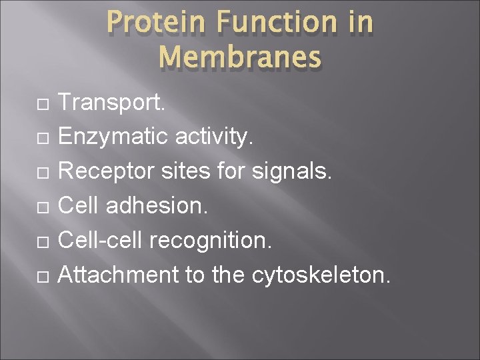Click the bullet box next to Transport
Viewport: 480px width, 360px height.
tap(42, 103)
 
